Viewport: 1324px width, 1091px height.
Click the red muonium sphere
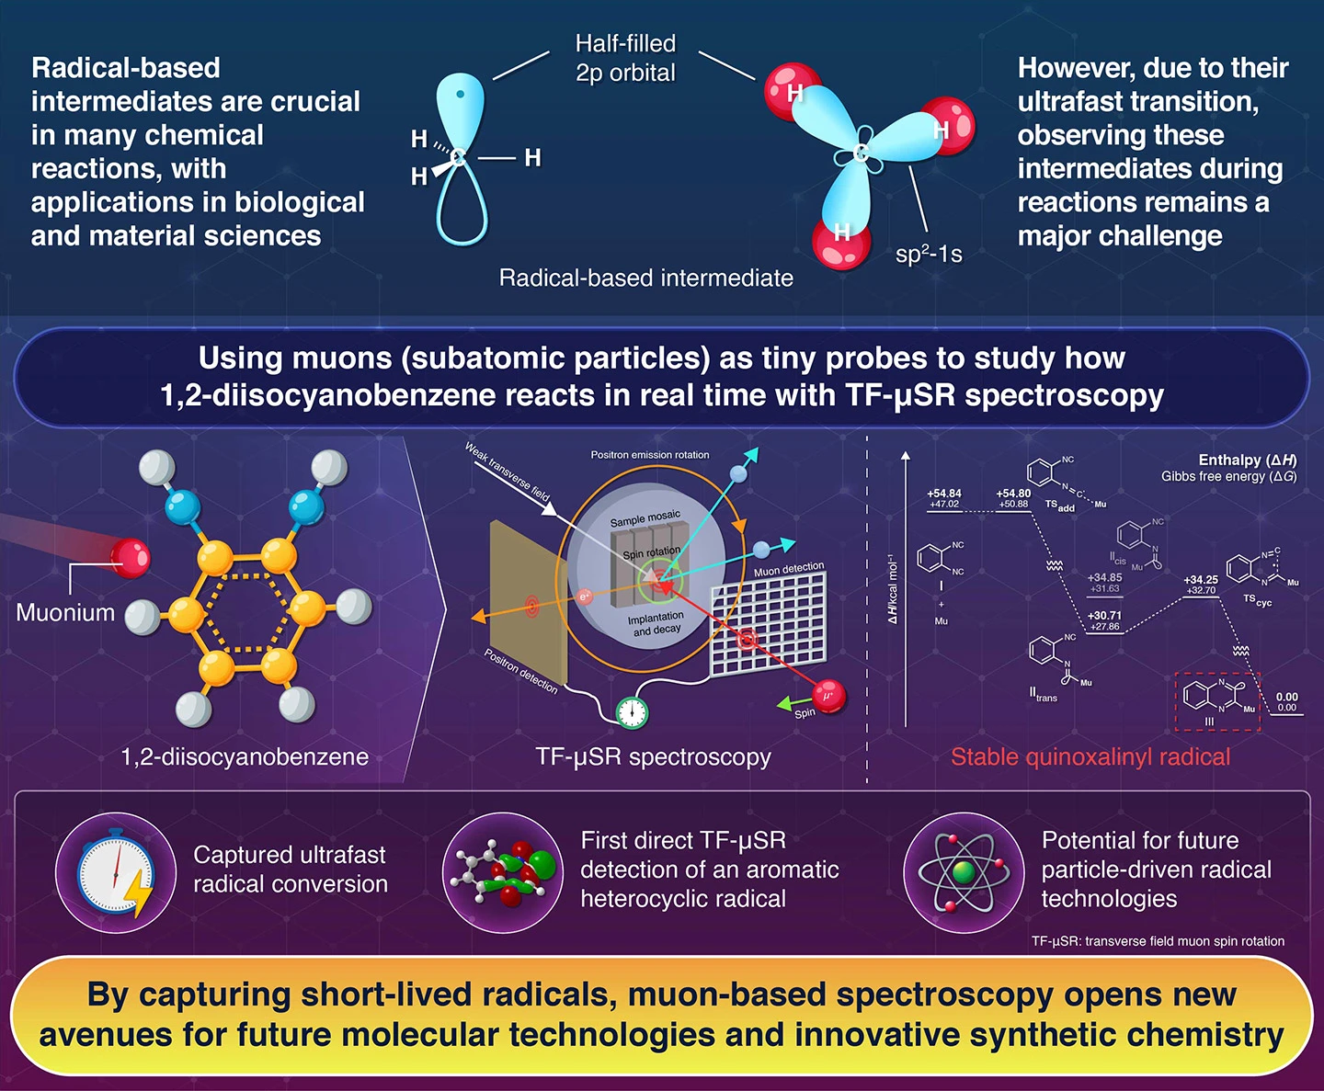tap(130, 557)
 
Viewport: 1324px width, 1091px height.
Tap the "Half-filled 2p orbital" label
tap(625, 58)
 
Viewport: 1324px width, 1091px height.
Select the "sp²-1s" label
tap(929, 254)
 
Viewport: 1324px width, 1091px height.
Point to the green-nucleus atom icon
tap(963, 872)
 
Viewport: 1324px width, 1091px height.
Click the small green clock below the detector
tap(632, 711)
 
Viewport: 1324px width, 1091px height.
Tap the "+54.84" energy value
tap(944, 494)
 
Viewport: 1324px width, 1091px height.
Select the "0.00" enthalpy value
tap(1286, 697)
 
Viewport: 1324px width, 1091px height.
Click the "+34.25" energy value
tap(1200, 580)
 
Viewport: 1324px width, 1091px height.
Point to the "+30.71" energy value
tap(1104, 616)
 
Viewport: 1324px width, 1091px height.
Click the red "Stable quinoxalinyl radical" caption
tap(1090, 756)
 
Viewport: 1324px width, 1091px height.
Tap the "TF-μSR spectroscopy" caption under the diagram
tap(653, 756)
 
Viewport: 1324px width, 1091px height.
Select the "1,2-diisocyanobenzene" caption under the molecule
tap(245, 756)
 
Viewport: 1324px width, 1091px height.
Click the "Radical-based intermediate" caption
tap(645, 278)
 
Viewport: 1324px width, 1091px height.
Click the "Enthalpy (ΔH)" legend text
tap(1247, 460)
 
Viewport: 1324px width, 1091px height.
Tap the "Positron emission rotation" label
tap(649, 455)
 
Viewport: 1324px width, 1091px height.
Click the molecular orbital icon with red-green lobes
tap(503, 872)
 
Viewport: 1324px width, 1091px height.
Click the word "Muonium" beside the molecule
tap(65, 612)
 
